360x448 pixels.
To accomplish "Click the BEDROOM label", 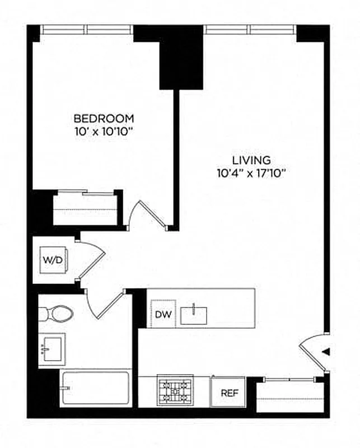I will pos(104,119).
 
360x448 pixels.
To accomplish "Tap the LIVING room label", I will pos(252,160).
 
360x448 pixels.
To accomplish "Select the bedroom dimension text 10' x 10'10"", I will pos(104,132).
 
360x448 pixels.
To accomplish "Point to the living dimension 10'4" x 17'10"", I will pos(252,173).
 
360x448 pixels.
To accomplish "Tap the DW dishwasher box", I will pos(163,314).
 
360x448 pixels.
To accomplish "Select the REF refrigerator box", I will pos(228,392).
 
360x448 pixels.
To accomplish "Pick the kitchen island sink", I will pos(194,315).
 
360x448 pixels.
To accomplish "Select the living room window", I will pos(249,29).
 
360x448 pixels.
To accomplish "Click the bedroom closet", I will pos(87,208).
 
